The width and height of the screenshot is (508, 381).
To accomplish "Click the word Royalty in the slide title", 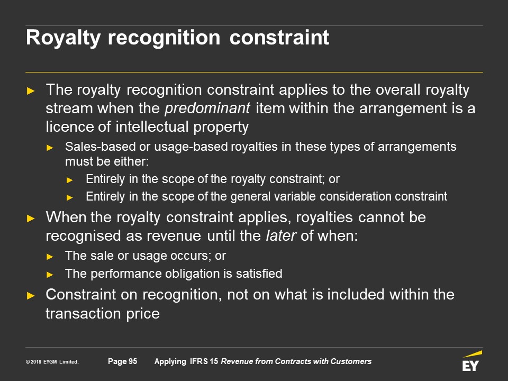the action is (x=63, y=38).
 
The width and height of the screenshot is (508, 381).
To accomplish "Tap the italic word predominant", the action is (x=207, y=108).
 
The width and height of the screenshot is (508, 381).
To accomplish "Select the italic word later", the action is (x=280, y=235).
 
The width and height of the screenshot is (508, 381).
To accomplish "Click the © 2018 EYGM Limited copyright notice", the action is (x=52, y=361).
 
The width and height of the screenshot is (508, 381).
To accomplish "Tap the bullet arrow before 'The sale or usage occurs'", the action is (x=50, y=257).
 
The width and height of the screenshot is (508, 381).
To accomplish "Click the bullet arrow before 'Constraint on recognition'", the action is (x=31, y=295).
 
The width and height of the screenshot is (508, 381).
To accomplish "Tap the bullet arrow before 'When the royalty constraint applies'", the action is (x=31, y=218).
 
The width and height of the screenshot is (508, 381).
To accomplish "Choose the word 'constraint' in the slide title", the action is (x=279, y=38).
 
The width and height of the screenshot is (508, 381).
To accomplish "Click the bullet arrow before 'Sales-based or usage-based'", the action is (x=50, y=148).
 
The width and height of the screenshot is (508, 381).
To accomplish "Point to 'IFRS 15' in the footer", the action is (x=204, y=361).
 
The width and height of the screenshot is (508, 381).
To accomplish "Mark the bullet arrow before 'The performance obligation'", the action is (x=50, y=275).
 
